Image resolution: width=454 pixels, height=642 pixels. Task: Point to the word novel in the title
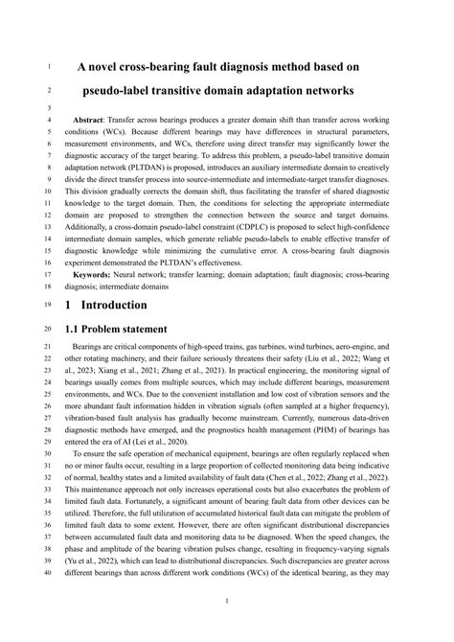(117, 67)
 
